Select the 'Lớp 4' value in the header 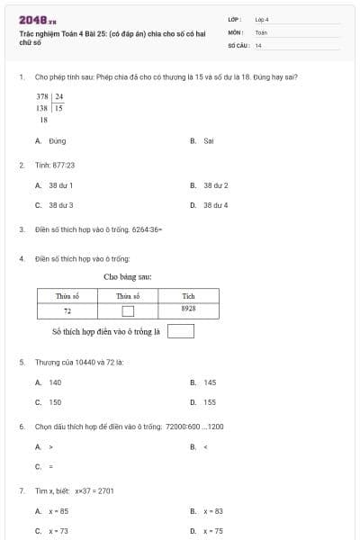[262, 19]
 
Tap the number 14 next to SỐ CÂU [258, 44]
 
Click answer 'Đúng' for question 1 [58, 141]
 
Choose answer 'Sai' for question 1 [208, 141]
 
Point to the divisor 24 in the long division [58, 95]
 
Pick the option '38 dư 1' [61, 185]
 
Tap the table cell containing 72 [67, 310]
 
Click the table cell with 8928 [188, 309]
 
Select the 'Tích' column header [188, 296]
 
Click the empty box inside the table [127, 311]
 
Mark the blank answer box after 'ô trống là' [181, 331]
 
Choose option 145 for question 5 [210, 382]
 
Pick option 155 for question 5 [210, 402]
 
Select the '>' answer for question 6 [51, 446]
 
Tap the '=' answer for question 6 [50, 466]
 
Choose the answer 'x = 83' [212, 511]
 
